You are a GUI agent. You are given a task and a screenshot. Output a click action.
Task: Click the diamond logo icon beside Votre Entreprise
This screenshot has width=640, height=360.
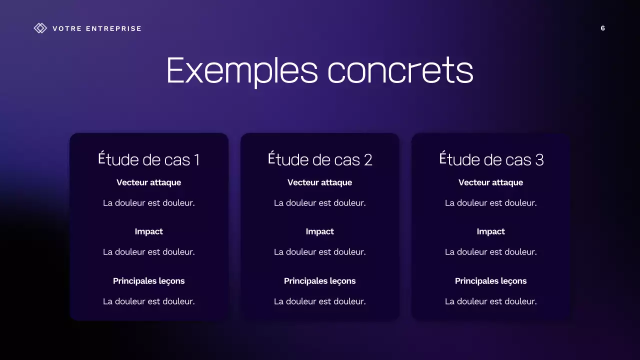coord(40,28)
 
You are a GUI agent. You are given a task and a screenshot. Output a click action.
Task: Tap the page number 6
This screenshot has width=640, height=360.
coord(602,28)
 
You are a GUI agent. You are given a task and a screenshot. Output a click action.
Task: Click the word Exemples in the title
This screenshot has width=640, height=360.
coord(242,70)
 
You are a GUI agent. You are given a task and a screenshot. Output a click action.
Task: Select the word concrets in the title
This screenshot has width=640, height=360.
coord(400,70)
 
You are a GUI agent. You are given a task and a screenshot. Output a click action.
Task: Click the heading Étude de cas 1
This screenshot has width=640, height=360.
coord(149,159)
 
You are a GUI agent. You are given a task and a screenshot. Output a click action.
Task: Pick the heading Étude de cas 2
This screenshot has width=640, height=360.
coord(320,159)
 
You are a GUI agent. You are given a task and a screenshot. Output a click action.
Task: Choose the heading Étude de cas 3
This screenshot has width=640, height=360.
coord(491,159)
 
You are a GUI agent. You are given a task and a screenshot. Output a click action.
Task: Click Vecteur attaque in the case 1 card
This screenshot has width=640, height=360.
coord(149,182)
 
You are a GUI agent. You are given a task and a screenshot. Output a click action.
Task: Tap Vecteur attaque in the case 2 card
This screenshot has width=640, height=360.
coord(320,182)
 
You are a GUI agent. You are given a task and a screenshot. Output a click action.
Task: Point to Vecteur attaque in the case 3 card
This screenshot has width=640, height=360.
coord(491,182)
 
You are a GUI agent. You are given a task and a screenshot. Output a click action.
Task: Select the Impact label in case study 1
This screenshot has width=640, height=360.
coord(149,231)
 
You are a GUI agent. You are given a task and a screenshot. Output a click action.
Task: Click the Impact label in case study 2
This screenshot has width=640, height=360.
coord(320,231)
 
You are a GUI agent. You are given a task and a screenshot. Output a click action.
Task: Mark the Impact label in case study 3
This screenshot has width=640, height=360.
coord(491,231)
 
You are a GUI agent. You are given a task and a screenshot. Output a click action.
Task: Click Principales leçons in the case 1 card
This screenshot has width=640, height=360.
coord(149,281)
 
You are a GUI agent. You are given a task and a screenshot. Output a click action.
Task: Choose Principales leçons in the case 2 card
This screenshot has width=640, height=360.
coord(320,281)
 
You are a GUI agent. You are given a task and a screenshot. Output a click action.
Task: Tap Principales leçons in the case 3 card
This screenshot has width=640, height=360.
coord(491,281)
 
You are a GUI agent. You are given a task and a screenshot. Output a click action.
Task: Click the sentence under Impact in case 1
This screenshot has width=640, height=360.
coord(149,252)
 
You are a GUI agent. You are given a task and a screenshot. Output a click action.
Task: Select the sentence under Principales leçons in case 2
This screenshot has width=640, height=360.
coord(320,301)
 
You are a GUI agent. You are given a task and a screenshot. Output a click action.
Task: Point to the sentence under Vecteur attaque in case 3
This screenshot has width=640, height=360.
coord(491,203)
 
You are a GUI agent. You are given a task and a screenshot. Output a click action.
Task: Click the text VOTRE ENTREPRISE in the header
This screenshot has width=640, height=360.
coord(97,28)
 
